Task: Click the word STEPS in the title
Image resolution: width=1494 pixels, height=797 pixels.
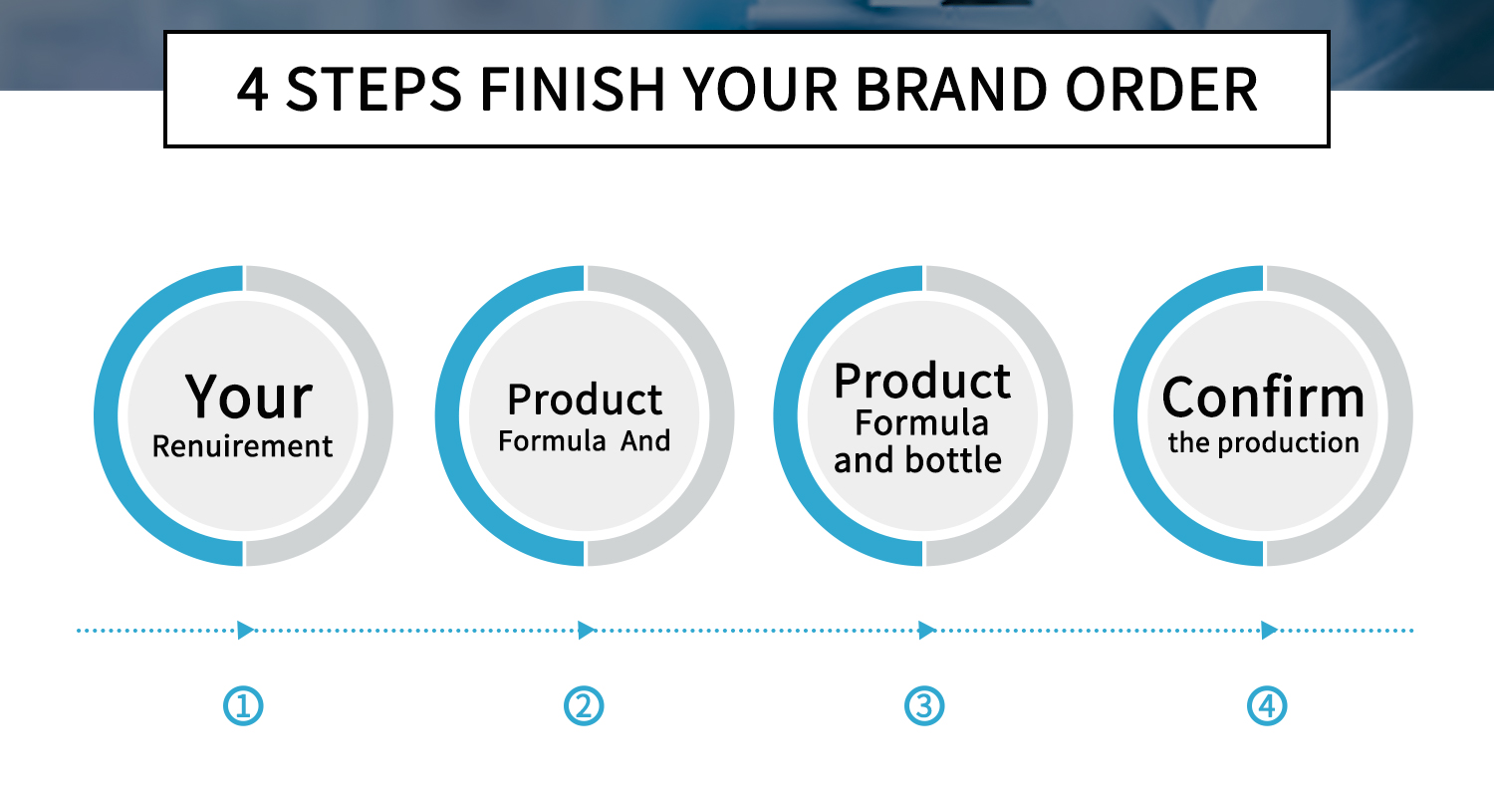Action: click(x=379, y=90)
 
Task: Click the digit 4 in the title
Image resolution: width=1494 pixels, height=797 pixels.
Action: click(x=253, y=90)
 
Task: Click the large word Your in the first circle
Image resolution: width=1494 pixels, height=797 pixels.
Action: click(x=247, y=397)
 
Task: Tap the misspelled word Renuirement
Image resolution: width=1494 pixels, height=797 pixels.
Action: click(x=242, y=446)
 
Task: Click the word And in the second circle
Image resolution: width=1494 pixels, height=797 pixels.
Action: click(x=645, y=440)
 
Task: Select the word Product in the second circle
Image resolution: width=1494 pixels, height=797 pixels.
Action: click(x=585, y=399)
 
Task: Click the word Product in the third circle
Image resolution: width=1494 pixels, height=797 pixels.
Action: click(x=922, y=381)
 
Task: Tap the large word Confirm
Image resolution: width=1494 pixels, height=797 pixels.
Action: click(x=1263, y=397)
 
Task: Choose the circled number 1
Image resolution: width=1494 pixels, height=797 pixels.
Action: click(x=244, y=706)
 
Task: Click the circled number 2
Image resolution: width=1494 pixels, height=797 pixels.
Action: click(x=584, y=706)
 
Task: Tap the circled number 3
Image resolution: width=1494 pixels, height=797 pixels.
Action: click(x=923, y=706)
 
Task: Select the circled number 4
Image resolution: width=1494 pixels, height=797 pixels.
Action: click(x=1267, y=706)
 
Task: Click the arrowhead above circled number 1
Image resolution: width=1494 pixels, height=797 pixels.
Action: click(x=245, y=630)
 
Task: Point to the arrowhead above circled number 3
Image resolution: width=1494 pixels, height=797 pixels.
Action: click(x=926, y=630)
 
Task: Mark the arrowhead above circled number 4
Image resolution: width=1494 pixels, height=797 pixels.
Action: click(x=1269, y=630)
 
